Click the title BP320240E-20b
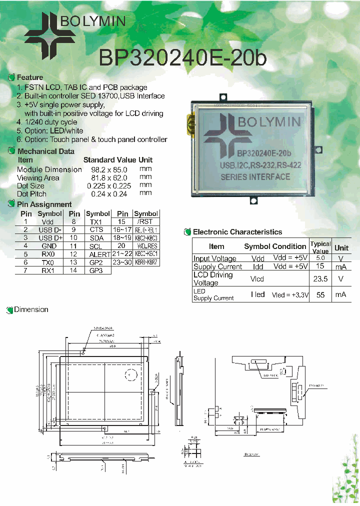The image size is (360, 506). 183,58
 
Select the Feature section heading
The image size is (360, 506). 30,77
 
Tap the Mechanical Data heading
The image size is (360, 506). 45,151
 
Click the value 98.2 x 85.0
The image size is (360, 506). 105,169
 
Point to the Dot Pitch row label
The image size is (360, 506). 31,193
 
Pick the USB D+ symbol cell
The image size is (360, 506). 50,238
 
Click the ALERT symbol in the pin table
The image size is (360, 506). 96,254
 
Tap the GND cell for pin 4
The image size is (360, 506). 49,246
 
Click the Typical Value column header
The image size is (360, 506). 320,247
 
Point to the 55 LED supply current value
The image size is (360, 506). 320,295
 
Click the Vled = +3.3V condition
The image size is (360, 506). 289,295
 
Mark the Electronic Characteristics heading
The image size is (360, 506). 237,232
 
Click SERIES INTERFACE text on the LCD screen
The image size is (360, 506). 255,176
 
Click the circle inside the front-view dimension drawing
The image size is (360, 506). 131,374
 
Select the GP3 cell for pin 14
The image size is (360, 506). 96,270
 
